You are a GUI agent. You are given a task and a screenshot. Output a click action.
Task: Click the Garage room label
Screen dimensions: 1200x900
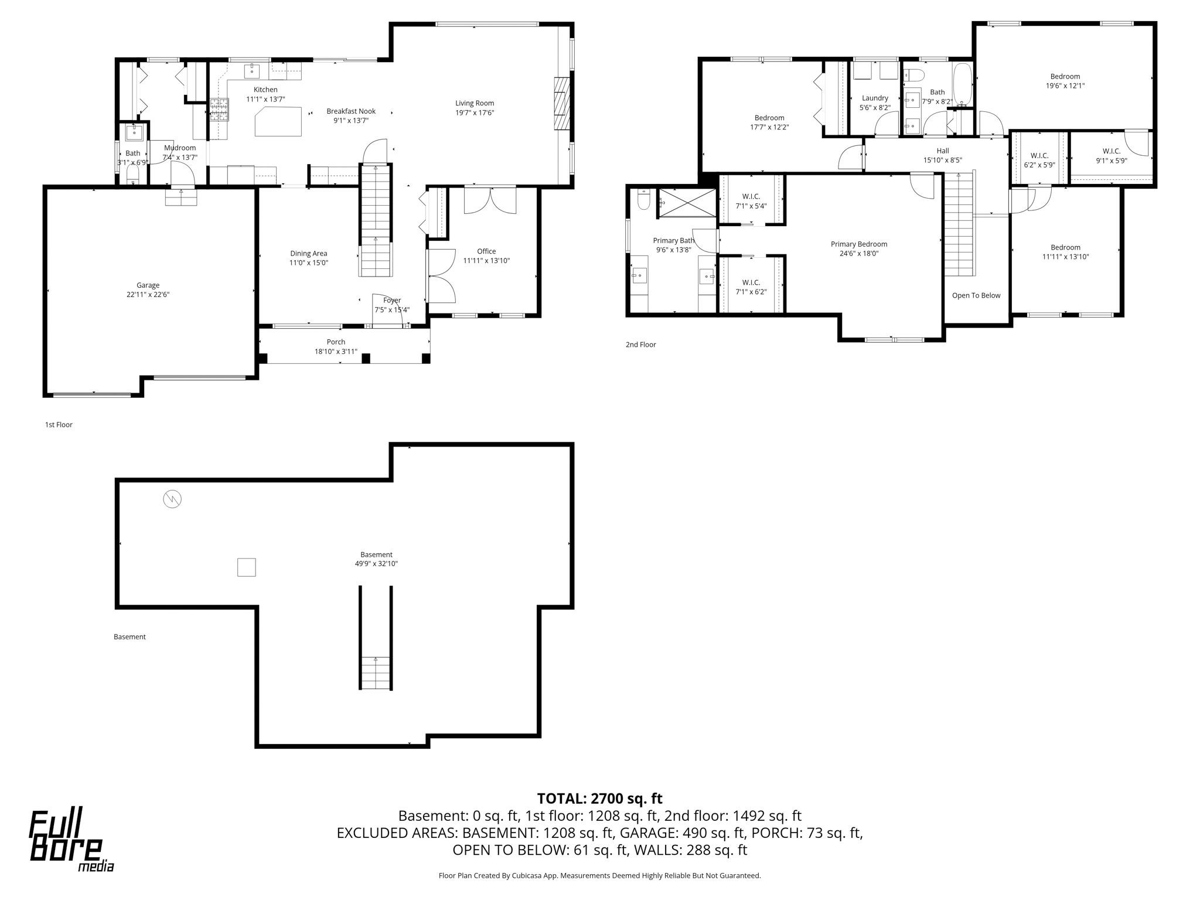[148, 285]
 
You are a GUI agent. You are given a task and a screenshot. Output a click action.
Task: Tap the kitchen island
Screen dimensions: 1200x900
[279, 122]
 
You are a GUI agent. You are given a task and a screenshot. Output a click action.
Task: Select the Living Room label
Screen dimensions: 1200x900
[475, 103]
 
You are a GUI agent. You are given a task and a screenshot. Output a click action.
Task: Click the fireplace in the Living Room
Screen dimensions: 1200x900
[561, 103]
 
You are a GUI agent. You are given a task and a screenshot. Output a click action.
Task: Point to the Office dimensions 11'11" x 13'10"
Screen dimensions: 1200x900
[486, 261]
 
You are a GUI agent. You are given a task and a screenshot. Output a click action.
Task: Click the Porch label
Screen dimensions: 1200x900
[336, 342]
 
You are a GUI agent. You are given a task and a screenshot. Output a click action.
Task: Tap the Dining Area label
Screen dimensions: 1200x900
[309, 254]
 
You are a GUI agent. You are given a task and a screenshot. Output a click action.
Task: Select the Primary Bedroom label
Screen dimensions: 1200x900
[859, 244]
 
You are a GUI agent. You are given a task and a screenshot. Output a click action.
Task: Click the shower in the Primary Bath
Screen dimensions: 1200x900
[686, 203]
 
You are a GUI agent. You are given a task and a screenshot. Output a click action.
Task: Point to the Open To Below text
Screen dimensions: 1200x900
[976, 295]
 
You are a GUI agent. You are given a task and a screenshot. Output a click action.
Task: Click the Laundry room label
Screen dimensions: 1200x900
[875, 98]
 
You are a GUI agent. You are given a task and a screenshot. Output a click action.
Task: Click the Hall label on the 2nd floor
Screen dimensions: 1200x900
[943, 151]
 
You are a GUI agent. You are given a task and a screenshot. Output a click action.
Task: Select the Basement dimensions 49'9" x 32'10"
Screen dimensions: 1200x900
[377, 564]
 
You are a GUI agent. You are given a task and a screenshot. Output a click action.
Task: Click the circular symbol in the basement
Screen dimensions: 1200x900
[172, 499]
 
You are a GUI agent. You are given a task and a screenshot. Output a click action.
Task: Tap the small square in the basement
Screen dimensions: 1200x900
[246, 567]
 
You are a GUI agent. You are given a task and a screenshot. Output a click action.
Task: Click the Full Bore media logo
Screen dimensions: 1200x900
[71, 841]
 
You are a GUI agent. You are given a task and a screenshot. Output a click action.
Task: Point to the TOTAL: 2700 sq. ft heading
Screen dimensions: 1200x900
[599, 799]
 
